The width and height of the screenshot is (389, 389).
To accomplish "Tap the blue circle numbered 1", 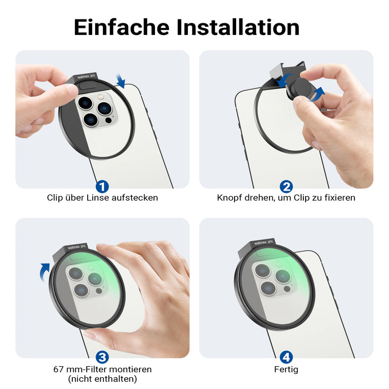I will click(102, 186).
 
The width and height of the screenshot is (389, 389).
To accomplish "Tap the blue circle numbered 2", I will click(286, 186).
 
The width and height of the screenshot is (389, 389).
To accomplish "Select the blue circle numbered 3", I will click(102, 356).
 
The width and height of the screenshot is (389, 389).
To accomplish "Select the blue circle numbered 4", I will click(286, 356).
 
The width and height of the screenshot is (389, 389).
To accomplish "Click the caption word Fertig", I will click(286, 369).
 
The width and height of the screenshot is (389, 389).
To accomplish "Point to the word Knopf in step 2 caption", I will click(230, 198).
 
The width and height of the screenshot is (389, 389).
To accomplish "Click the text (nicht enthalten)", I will click(102, 379).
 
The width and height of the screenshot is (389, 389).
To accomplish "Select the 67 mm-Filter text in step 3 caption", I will click(78, 369).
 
